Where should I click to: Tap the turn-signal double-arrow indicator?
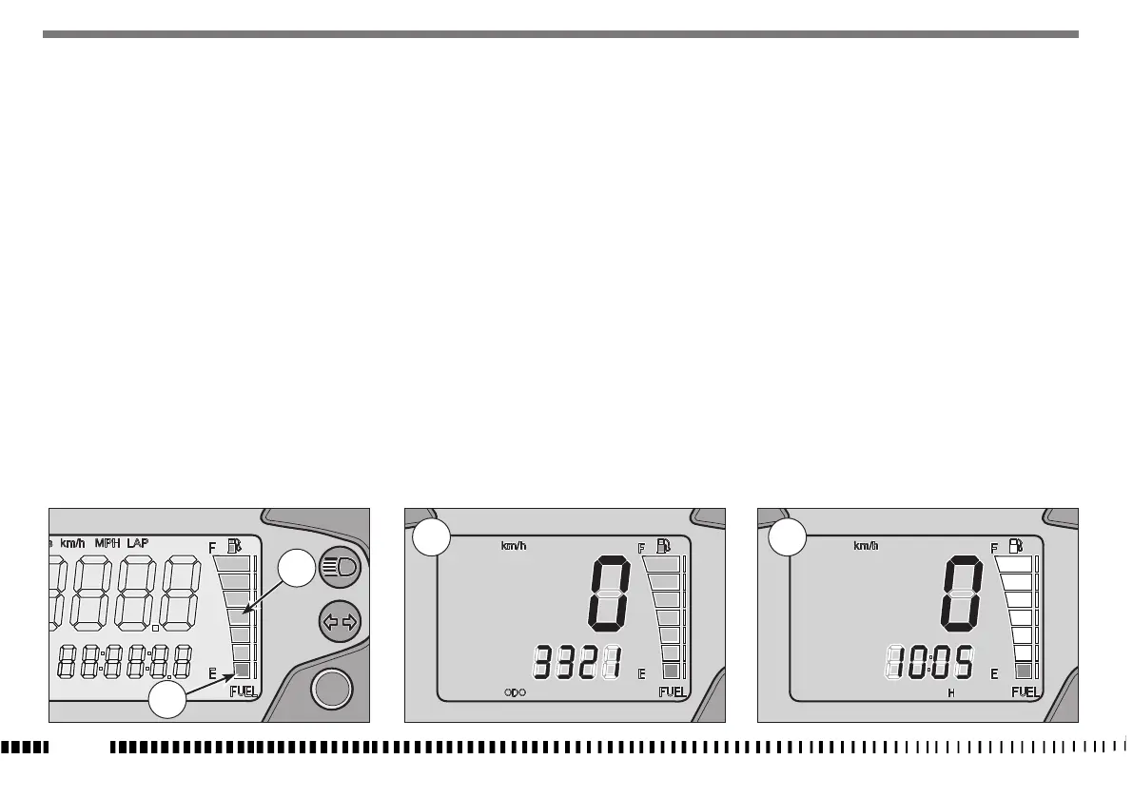[x=337, y=622]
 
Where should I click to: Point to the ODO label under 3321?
[x=515, y=692]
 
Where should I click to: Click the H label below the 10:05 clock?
[x=950, y=693]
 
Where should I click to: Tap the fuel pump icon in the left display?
[x=234, y=547]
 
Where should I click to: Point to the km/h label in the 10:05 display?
[x=866, y=546]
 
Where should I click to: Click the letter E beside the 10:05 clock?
[x=994, y=673]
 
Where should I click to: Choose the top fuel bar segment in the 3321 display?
[x=663, y=564]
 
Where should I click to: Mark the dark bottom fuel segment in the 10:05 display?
[x=1024, y=671]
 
